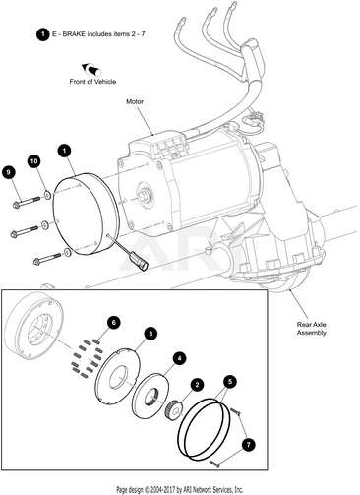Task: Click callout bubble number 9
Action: click(9, 172)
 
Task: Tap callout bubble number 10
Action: click(34, 160)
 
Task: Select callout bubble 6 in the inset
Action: click(113, 323)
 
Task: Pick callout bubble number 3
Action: click(150, 334)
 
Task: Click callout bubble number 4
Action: click(179, 358)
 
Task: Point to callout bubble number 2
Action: click(197, 385)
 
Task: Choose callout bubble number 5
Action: click(230, 381)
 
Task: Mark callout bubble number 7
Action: click(248, 445)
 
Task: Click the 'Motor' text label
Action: click(135, 101)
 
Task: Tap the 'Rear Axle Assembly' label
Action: click(312, 329)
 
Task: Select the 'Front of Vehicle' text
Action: click(92, 81)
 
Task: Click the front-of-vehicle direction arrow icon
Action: click(91, 69)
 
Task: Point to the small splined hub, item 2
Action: click(172, 407)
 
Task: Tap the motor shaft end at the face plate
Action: click(144, 194)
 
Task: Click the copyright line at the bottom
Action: click(180, 490)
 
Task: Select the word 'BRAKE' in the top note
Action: click(74, 34)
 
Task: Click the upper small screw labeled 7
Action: click(235, 411)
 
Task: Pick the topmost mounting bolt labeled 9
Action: click(26, 202)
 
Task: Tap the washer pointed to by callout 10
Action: click(47, 195)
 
